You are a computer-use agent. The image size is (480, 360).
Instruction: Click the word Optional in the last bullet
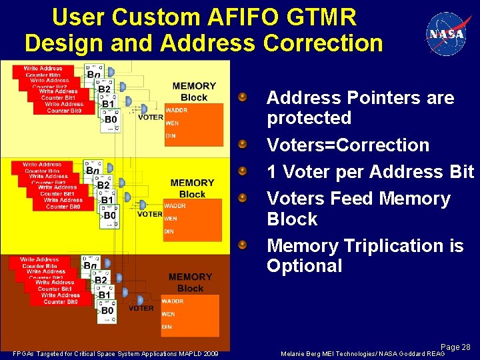coord(304,266)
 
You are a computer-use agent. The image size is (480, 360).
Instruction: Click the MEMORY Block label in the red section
coord(193,92)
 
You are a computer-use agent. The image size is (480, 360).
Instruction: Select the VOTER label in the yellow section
coord(150,214)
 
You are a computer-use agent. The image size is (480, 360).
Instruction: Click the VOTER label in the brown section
coord(141,309)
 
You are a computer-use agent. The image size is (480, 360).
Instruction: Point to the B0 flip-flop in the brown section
coord(107,311)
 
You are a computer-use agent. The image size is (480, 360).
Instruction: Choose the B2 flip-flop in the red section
coord(104,89)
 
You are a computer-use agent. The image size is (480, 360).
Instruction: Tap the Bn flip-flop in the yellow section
coord(93,171)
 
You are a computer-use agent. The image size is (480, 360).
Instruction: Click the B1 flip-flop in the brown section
coord(104,295)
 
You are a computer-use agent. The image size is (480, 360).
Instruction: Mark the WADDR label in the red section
coord(176,110)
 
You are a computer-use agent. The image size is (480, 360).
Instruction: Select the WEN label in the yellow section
coord(171,218)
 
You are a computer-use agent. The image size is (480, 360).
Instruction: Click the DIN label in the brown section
coord(167,327)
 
